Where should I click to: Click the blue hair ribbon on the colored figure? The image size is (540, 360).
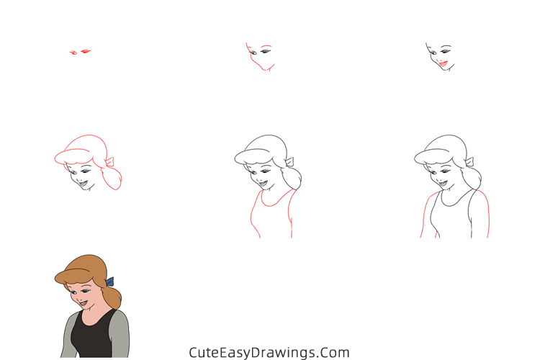pos(109,282)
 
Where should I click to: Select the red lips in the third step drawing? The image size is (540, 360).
pos(443,64)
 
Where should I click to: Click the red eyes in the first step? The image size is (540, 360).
pos(80,52)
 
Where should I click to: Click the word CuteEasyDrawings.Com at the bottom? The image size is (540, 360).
pos(269,352)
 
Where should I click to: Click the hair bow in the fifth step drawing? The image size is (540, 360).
pos(289,162)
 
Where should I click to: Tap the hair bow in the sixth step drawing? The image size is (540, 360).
pos(469,162)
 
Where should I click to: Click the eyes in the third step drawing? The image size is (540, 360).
pos(437,51)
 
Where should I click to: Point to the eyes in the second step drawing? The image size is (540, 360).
pos(258,52)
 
